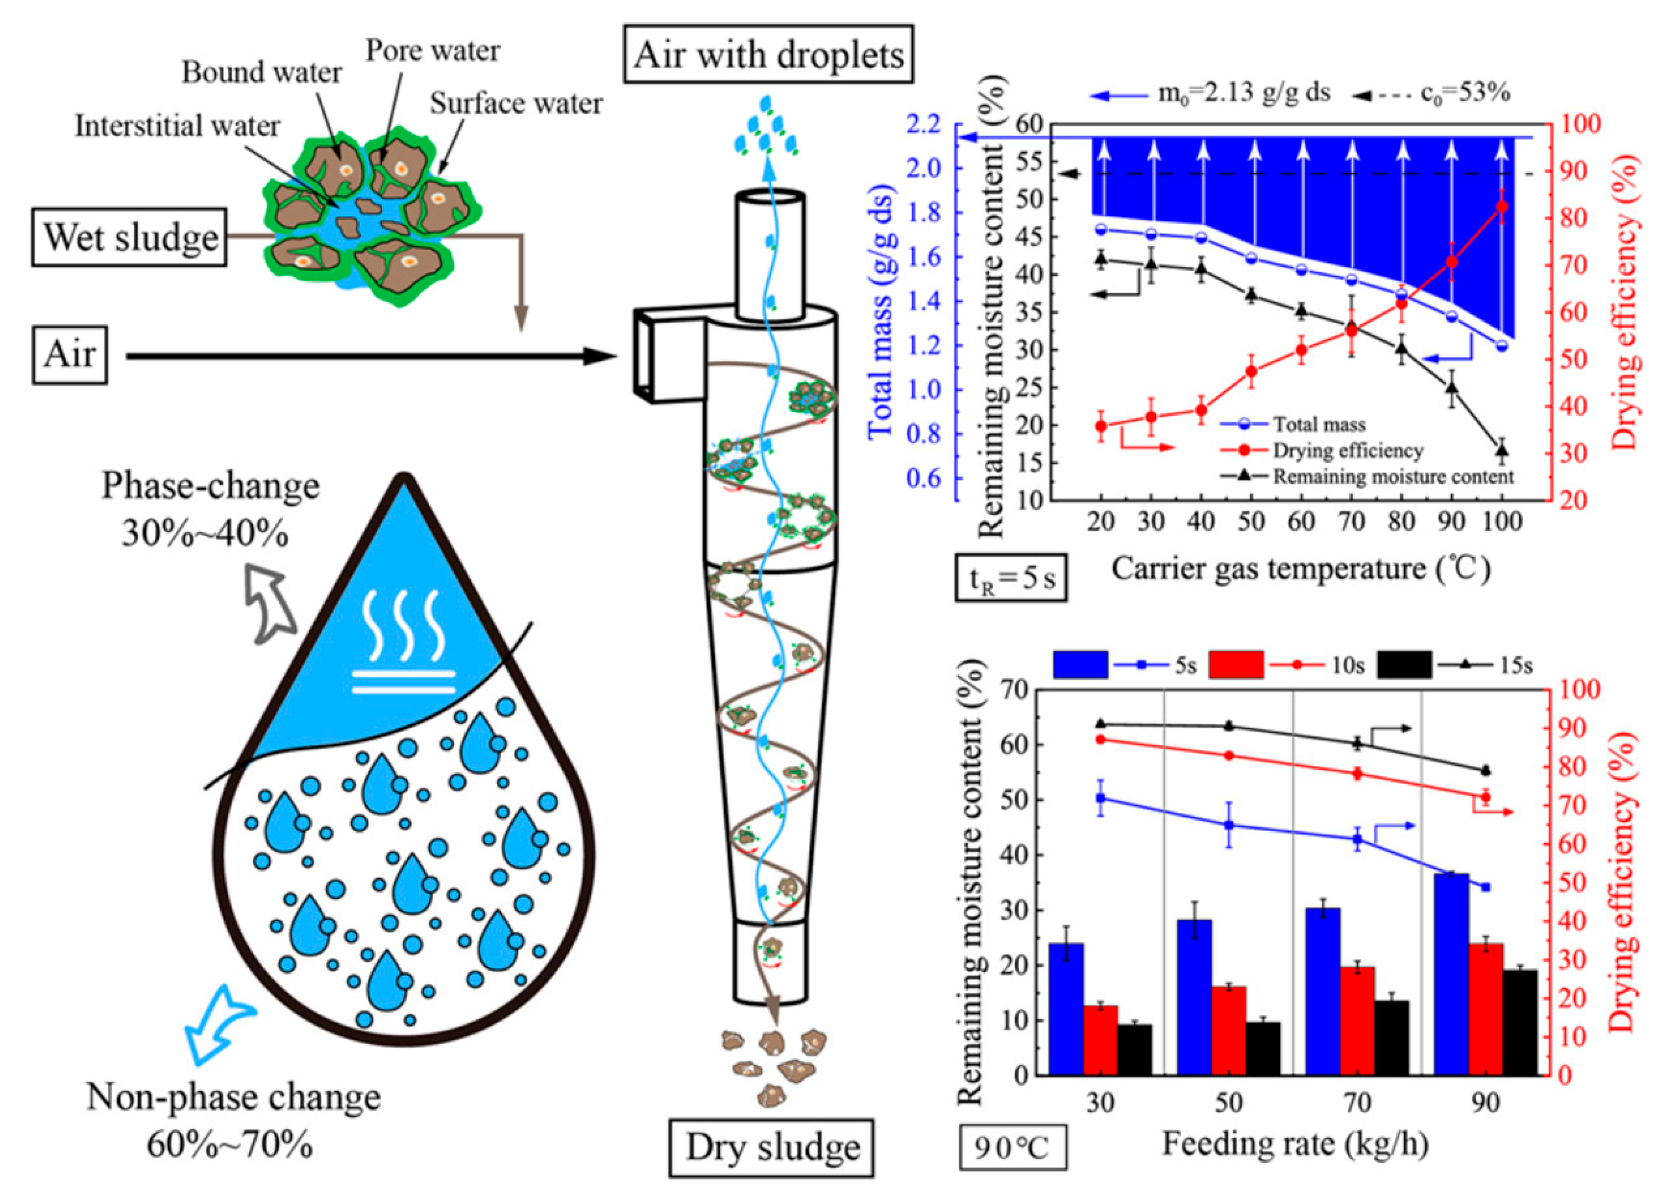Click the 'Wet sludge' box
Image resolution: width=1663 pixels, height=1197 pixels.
click(129, 237)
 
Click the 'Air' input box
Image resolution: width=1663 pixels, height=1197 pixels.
click(70, 355)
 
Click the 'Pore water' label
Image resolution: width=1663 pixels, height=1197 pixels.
click(433, 50)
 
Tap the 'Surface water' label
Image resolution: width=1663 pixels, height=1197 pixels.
click(515, 103)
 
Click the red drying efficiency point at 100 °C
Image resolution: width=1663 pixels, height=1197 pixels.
click(1501, 207)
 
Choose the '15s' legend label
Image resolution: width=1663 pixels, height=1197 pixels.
click(1515, 666)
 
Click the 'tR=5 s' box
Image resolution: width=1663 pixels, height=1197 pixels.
click(1010, 579)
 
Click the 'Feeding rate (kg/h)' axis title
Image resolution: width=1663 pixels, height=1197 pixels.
click(1295, 1144)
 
